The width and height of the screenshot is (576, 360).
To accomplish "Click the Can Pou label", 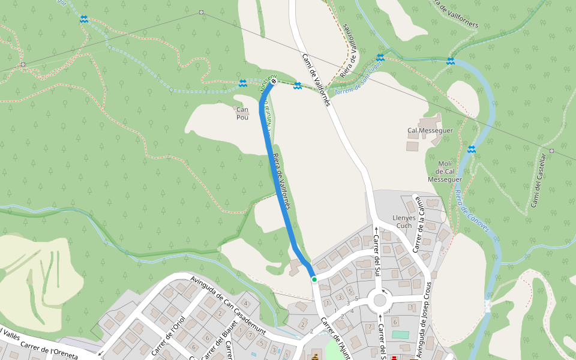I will (x=242, y=113).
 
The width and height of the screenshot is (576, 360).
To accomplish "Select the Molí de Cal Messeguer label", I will (x=445, y=171).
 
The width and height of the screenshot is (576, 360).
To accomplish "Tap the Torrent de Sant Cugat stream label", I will (x=358, y=80).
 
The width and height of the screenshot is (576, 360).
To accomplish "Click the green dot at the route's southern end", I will (x=314, y=279).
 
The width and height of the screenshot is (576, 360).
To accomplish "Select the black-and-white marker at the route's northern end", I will (x=274, y=82).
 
